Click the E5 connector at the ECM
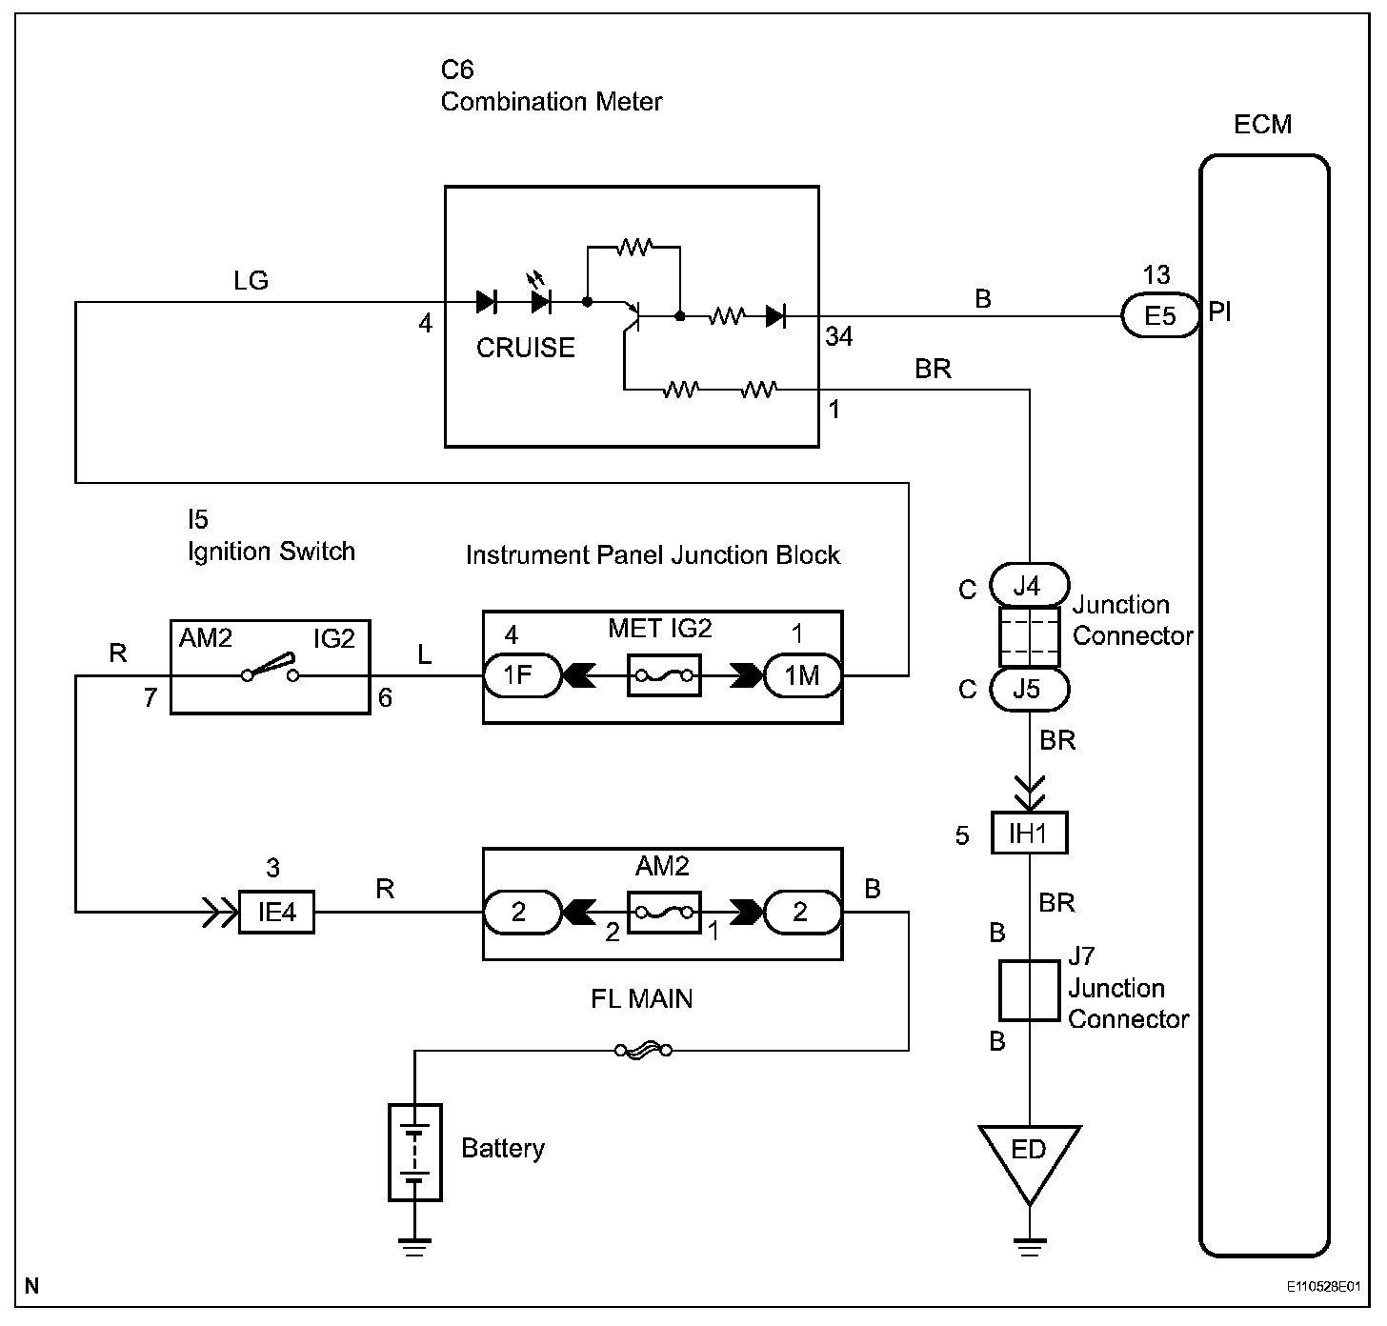coord(1159,315)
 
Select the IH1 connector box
coord(1029,834)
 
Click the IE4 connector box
coord(276,912)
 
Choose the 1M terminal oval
coord(803,675)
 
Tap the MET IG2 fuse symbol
coord(664,675)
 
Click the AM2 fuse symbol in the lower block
coord(664,912)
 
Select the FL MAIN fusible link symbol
coord(643,1051)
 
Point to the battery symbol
coord(415,1152)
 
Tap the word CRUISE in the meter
coord(525,348)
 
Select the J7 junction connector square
coord(1029,991)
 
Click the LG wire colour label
coord(251,281)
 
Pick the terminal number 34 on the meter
coord(838,336)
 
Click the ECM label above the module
coord(1262,125)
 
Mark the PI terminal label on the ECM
coord(1220,312)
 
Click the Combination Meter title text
coord(552,102)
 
